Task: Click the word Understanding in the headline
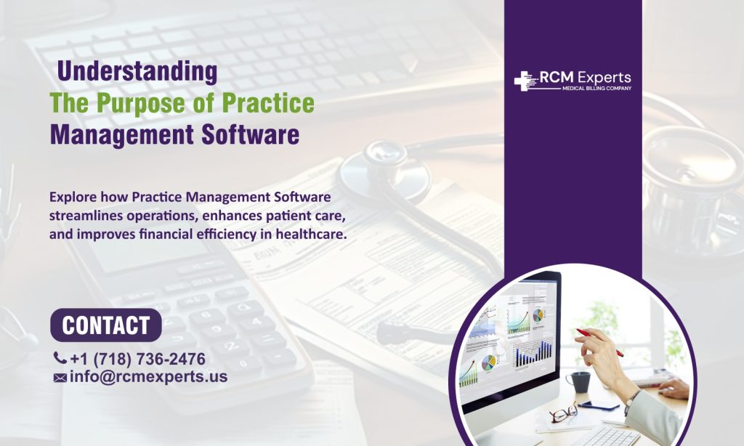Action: coord(137,72)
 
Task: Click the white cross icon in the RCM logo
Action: coord(524,81)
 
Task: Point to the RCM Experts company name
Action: coord(585,78)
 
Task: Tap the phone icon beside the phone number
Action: coord(60,358)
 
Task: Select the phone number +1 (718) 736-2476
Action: coord(137,359)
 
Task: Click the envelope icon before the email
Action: coord(60,378)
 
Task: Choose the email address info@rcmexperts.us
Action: coord(149,377)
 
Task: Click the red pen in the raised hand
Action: coord(599,342)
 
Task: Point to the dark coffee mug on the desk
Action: coord(578,381)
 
